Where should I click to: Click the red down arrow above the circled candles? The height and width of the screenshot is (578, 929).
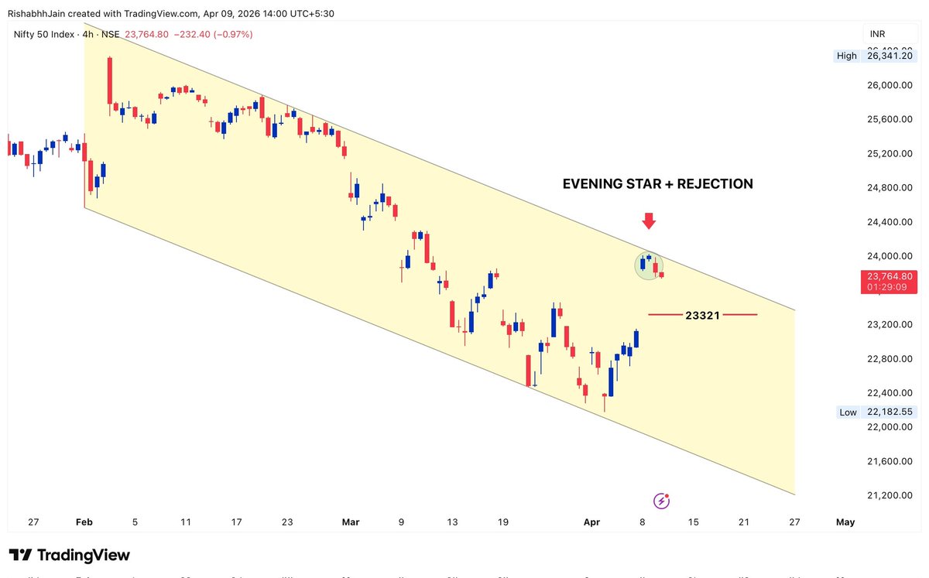point(649,221)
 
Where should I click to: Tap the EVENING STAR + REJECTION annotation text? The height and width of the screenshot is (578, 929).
point(657,184)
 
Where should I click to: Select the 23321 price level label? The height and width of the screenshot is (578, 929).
point(702,315)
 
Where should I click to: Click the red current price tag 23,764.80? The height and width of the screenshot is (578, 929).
point(890,276)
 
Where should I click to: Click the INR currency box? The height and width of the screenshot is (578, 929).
point(878,34)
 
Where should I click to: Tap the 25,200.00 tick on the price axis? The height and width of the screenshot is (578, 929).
point(890,153)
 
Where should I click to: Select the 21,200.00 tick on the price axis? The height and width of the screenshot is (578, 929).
point(890,495)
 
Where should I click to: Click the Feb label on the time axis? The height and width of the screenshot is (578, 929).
point(84,522)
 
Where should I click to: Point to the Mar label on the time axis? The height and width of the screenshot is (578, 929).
point(351,522)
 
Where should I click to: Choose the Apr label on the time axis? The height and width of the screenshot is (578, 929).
point(591,522)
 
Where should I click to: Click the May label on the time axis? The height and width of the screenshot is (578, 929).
point(845,522)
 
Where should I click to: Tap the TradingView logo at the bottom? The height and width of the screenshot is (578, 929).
point(70,555)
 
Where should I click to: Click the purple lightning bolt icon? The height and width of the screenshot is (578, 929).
point(661,501)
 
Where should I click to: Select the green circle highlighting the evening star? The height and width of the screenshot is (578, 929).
point(650,265)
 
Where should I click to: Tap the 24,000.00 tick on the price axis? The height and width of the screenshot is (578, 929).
point(890,256)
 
